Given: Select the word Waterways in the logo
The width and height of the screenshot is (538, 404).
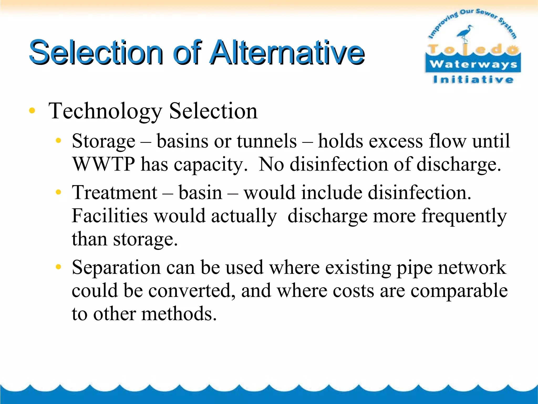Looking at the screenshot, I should (x=473, y=64).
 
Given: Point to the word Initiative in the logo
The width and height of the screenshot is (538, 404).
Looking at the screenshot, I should (x=473, y=79).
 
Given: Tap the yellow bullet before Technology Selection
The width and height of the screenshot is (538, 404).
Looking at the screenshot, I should (x=32, y=110).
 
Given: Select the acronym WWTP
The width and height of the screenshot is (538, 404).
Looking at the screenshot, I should (x=104, y=164).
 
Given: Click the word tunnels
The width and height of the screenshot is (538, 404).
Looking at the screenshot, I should (x=267, y=142).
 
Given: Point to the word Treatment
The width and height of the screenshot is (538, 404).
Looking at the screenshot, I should (x=115, y=193).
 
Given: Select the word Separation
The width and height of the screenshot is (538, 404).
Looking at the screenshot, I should (x=116, y=268).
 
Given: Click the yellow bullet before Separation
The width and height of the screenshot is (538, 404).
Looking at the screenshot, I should (x=58, y=267).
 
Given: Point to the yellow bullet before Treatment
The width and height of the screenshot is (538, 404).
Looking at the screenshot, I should (x=58, y=192).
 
